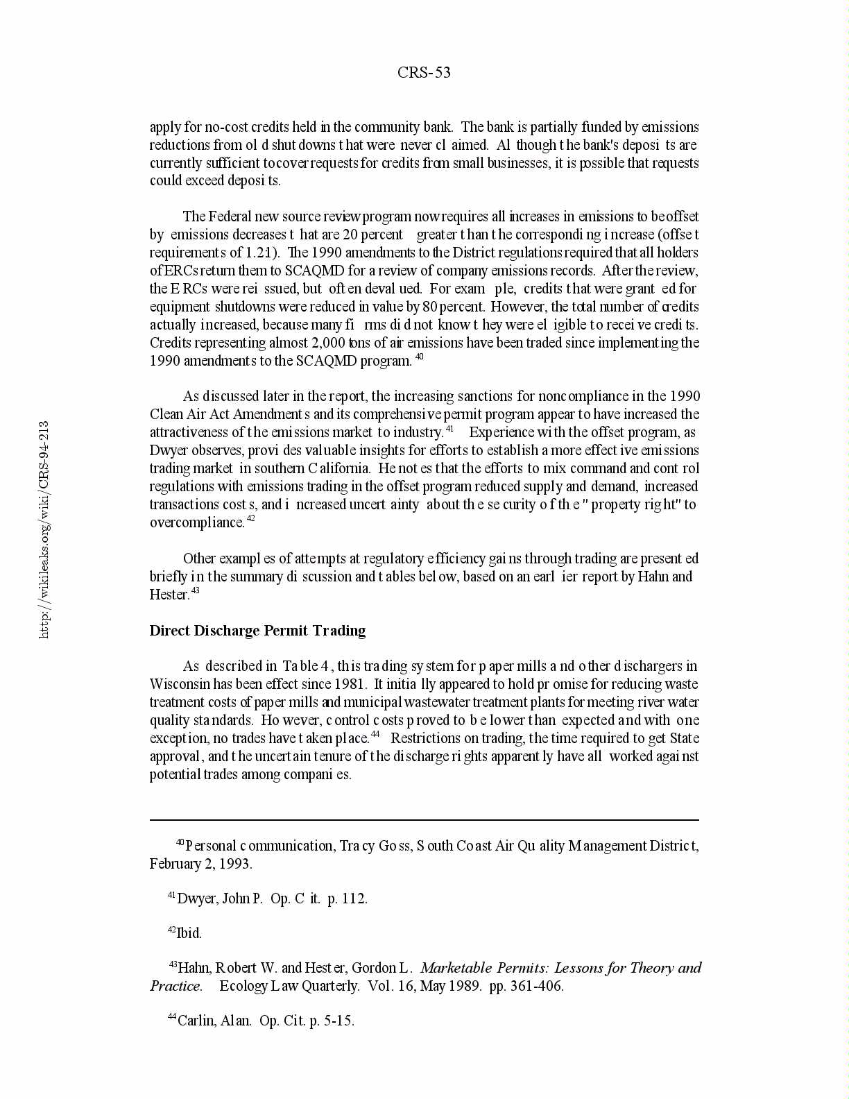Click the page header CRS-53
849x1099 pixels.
(424, 73)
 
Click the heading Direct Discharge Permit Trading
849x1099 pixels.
(257, 631)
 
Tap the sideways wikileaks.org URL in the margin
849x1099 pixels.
(44, 529)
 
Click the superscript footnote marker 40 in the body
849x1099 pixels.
(419, 357)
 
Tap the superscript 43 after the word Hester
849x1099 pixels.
(196, 591)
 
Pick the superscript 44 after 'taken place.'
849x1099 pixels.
(375, 734)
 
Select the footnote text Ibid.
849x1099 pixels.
(189, 933)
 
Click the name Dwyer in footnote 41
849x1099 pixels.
(197, 898)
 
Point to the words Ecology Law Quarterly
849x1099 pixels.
(289, 986)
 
